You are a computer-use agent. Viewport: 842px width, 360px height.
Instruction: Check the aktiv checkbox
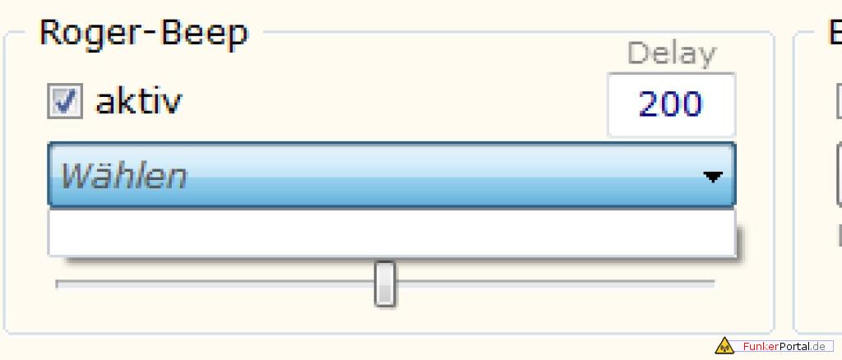(x=65, y=103)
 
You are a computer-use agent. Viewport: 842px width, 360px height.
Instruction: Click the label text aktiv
(x=139, y=102)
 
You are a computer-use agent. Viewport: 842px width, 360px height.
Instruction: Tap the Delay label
(x=671, y=54)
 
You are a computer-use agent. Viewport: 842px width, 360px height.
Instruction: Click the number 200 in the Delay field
(x=670, y=104)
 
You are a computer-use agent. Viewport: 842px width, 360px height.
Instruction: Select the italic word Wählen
(x=123, y=175)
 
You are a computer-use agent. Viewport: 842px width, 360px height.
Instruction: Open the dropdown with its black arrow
(x=713, y=176)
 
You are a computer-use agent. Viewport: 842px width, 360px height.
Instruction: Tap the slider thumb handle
(x=385, y=284)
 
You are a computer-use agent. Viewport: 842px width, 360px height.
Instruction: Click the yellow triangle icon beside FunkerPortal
(x=724, y=346)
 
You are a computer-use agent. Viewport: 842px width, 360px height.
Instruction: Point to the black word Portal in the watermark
(x=795, y=347)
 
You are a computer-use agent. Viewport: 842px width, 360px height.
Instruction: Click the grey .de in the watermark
(x=823, y=347)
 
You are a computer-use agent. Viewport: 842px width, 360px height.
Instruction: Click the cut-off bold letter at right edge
(x=835, y=34)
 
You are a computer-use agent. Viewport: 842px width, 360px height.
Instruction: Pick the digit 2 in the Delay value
(x=649, y=104)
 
